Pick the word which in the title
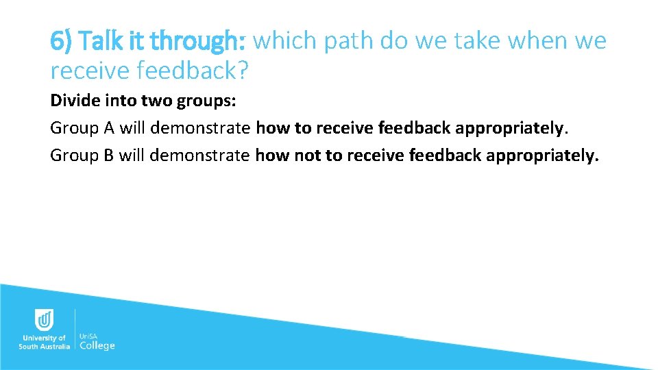[285, 42]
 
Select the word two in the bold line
[158, 101]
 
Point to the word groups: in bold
[207, 101]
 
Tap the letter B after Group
[108, 156]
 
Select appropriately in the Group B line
[541, 156]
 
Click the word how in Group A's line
[273, 128]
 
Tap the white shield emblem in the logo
[44, 320]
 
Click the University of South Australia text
[44, 342]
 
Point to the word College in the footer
[97, 345]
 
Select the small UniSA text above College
[89, 336]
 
